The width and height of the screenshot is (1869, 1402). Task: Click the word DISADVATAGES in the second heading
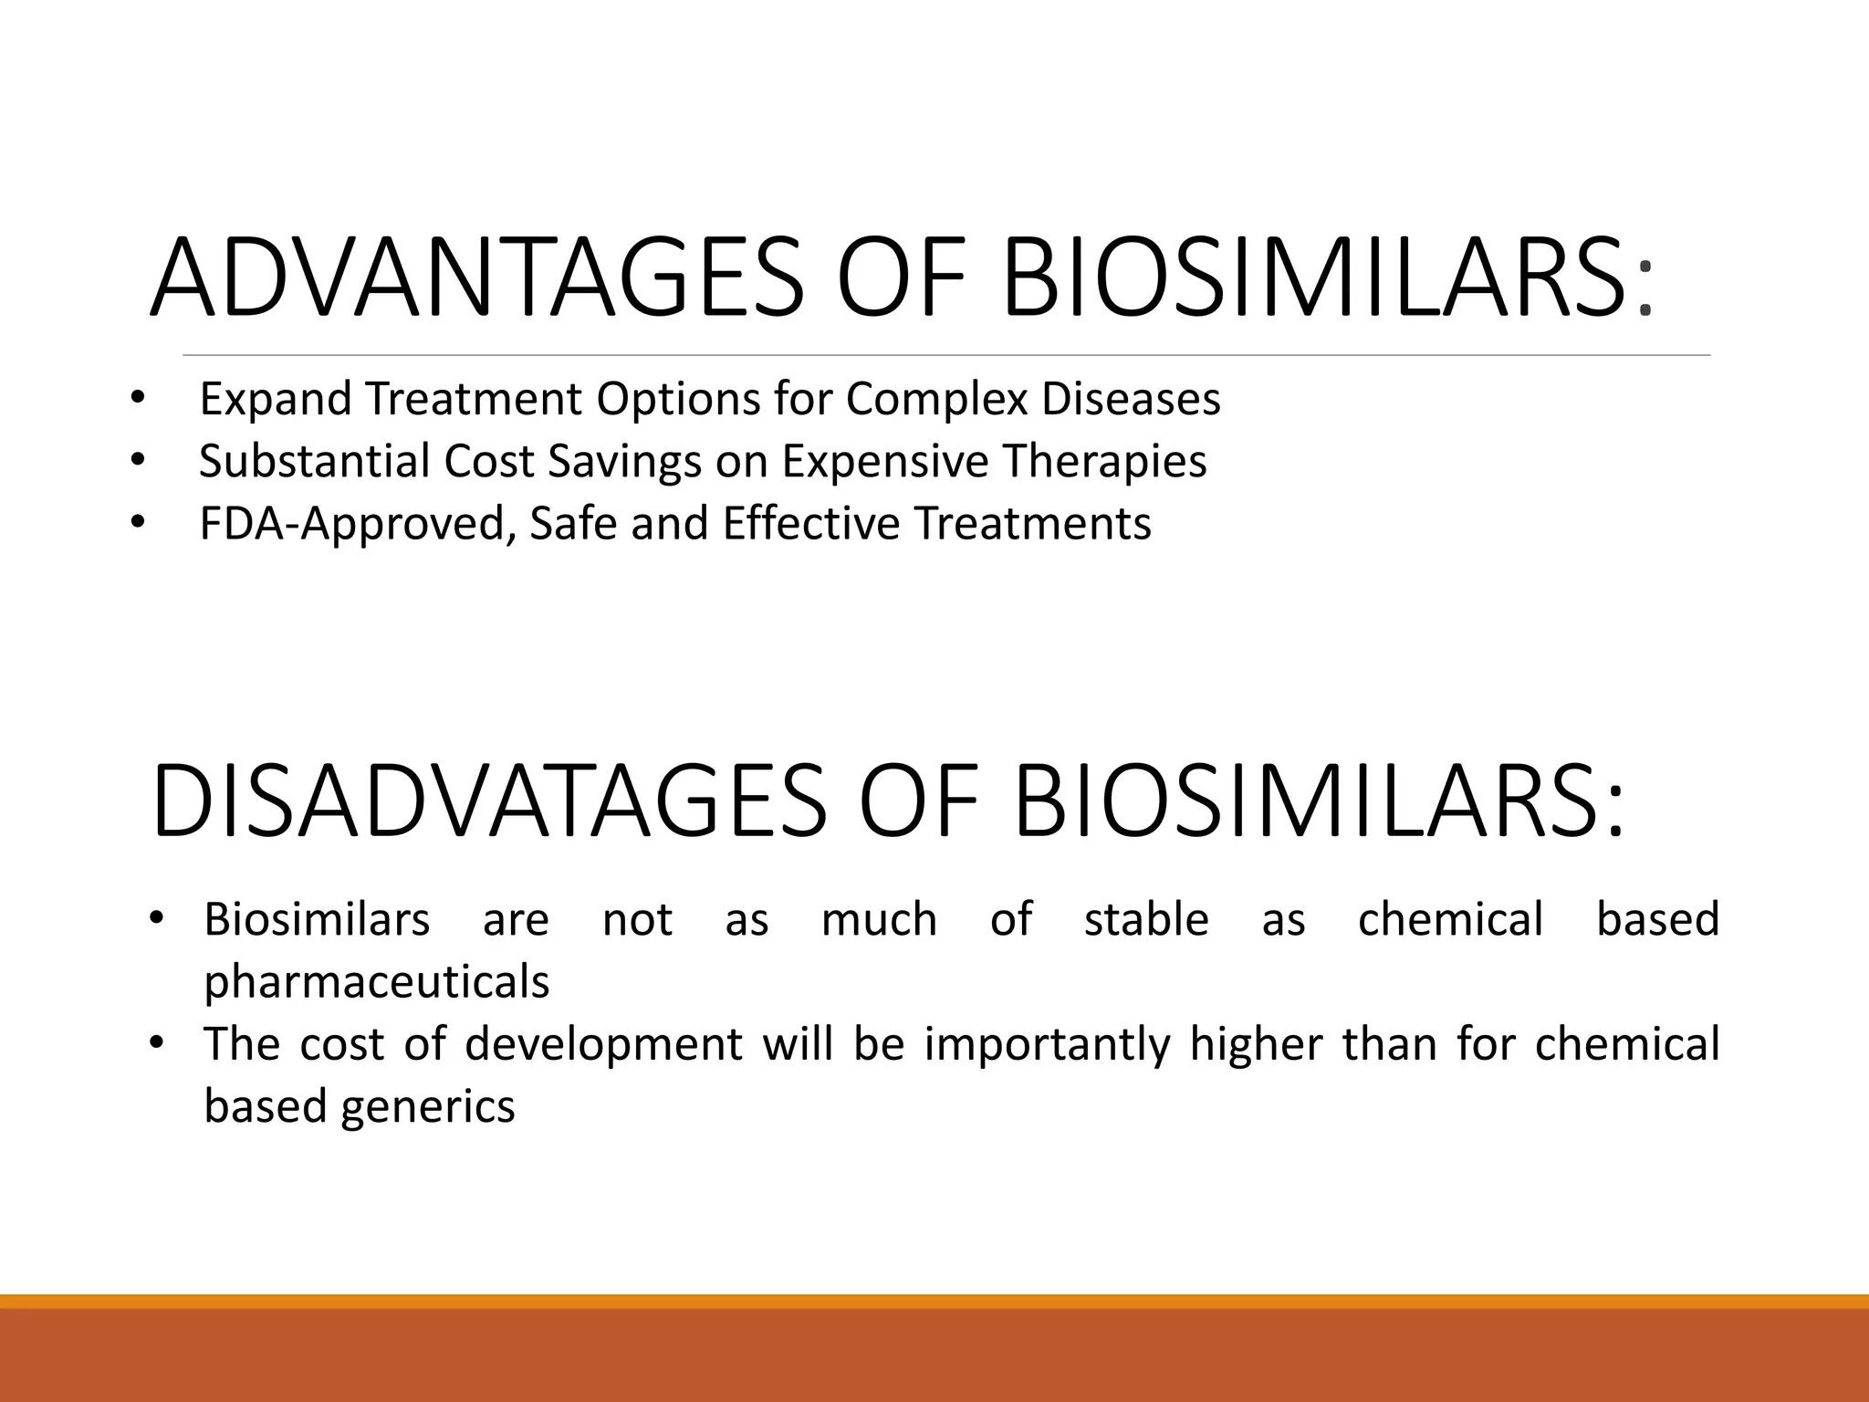pos(488,800)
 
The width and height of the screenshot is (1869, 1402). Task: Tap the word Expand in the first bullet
pos(275,399)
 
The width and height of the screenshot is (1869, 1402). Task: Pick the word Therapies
pos(1104,460)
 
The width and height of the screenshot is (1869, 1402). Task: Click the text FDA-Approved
pos(351,523)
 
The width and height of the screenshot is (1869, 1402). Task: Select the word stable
pos(1146,918)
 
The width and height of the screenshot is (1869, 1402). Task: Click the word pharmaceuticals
pos(376,982)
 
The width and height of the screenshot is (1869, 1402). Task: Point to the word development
pos(603,1043)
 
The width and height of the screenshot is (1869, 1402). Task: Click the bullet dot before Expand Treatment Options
pos(137,399)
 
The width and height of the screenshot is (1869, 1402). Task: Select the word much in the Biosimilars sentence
pos(879,918)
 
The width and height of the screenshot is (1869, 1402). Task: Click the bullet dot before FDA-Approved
pos(137,523)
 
